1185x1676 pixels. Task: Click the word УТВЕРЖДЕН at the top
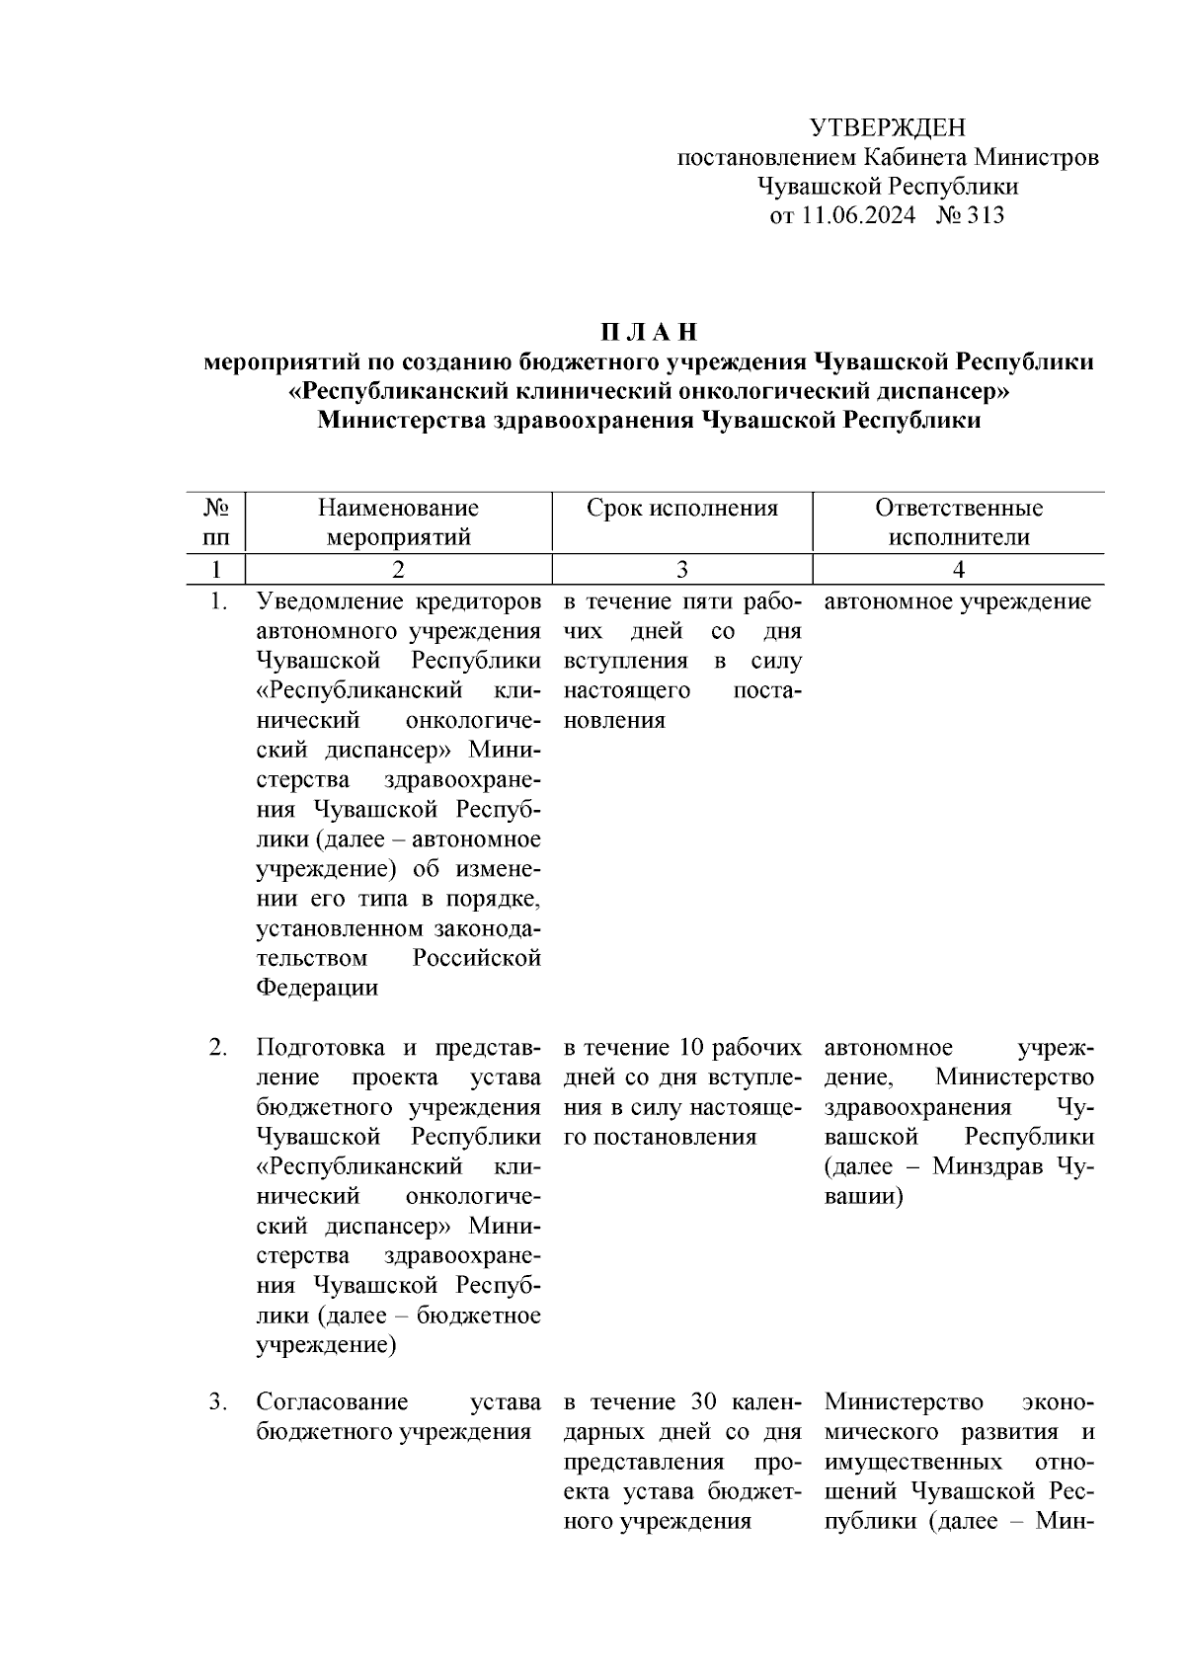tap(887, 127)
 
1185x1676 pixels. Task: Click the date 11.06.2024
tap(857, 216)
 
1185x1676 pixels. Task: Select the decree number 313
tap(986, 216)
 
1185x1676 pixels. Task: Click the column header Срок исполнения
tap(681, 509)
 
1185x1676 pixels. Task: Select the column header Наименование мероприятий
tap(398, 522)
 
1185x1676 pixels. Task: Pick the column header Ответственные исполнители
tap(958, 522)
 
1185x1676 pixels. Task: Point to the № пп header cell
tap(216, 522)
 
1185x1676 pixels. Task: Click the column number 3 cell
tap(681, 569)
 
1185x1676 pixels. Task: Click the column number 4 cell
tap(958, 569)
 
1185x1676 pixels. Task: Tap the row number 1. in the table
tap(219, 601)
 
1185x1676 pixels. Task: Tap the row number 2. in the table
tap(219, 1047)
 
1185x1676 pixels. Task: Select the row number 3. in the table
tap(219, 1402)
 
